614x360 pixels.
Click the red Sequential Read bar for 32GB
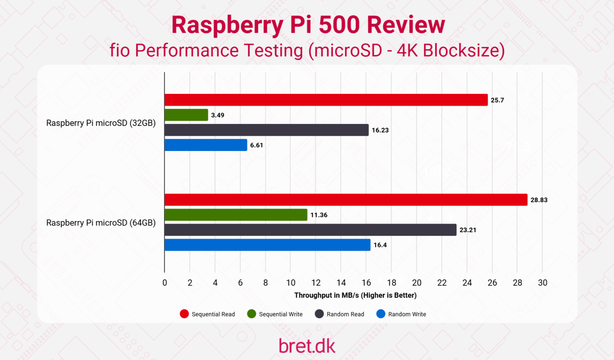(x=326, y=100)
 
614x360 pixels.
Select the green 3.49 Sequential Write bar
(x=186, y=115)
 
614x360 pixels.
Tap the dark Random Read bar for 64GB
(x=310, y=230)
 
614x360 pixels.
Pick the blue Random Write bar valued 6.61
(x=206, y=145)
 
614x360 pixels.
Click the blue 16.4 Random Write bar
(x=267, y=245)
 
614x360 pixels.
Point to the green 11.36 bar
(x=236, y=215)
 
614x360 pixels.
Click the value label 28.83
(x=539, y=200)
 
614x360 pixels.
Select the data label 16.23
(x=380, y=130)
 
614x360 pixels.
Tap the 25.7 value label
(x=497, y=100)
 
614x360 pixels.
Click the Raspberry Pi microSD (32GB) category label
(x=101, y=123)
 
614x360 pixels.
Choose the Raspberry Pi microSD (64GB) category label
(x=101, y=223)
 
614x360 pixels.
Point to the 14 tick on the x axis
(x=341, y=283)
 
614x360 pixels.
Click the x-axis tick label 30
(x=542, y=283)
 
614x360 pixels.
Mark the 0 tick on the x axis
(x=165, y=283)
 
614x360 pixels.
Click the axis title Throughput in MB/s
(x=355, y=295)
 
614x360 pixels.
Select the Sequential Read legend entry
(x=208, y=314)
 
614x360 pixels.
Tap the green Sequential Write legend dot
(x=251, y=314)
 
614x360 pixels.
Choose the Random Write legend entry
(x=402, y=314)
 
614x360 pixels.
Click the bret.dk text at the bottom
(x=307, y=346)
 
